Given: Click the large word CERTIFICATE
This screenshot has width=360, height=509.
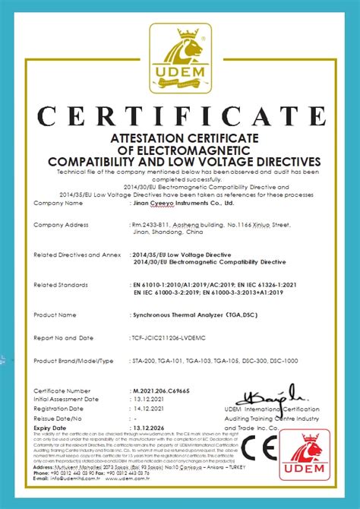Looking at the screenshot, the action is tap(179, 116).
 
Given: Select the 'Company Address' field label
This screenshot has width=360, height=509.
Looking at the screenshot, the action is tap(62, 225).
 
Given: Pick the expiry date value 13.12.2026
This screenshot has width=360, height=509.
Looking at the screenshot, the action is tap(149, 428).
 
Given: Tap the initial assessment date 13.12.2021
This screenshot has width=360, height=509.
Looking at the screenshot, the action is tap(149, 399).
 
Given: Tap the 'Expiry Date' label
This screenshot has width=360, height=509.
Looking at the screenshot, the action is tap(52, 428).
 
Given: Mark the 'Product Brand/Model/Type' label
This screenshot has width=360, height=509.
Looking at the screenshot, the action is tap(74, 360).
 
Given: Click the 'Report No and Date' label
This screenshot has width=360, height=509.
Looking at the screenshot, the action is tap(64, 337).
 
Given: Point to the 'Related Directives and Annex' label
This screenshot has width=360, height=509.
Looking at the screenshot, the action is tap(76, 255).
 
